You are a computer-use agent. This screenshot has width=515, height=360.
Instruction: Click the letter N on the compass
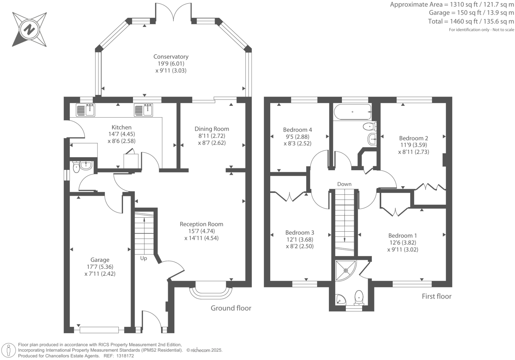(x=30, y=30)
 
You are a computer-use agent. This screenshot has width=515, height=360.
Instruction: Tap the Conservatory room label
(x=171, y=57)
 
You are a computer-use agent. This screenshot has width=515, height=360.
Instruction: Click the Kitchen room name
(x=121, y=127)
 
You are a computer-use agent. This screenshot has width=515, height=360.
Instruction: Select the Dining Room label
(x=212, y=129)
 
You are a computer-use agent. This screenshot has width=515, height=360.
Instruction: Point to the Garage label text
(x=100, y=260)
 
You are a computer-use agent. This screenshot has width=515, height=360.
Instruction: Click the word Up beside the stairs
(x=144, y=258)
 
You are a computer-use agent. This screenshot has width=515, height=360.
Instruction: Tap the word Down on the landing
(x=344, y=184)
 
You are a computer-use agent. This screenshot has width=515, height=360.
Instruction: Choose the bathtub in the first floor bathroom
(x=353, y=112)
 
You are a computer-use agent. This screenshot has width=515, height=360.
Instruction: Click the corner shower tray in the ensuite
(x=346, y=270)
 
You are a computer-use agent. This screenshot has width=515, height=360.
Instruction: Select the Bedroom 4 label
(x=297, y=130)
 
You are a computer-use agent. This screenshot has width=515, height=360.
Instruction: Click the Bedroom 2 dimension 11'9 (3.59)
(x=413, y=145)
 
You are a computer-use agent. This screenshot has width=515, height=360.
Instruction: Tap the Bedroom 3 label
(x=299, y=233)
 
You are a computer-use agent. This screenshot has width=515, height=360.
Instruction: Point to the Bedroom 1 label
(x=402, y=236)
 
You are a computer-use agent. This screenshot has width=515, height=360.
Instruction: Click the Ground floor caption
(x=231, y=308)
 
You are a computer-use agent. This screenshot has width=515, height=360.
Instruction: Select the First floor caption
(x=436, y=296)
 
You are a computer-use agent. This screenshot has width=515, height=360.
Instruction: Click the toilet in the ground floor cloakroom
(x=76, y=167)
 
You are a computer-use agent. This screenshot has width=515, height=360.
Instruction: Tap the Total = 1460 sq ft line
(x=471, y=21)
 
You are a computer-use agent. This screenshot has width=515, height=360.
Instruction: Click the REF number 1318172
(x=125, y=356)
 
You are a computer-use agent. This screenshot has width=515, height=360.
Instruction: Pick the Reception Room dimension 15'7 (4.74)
(x=201, y=231)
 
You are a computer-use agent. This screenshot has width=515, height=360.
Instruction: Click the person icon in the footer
(x=9, y=351)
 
